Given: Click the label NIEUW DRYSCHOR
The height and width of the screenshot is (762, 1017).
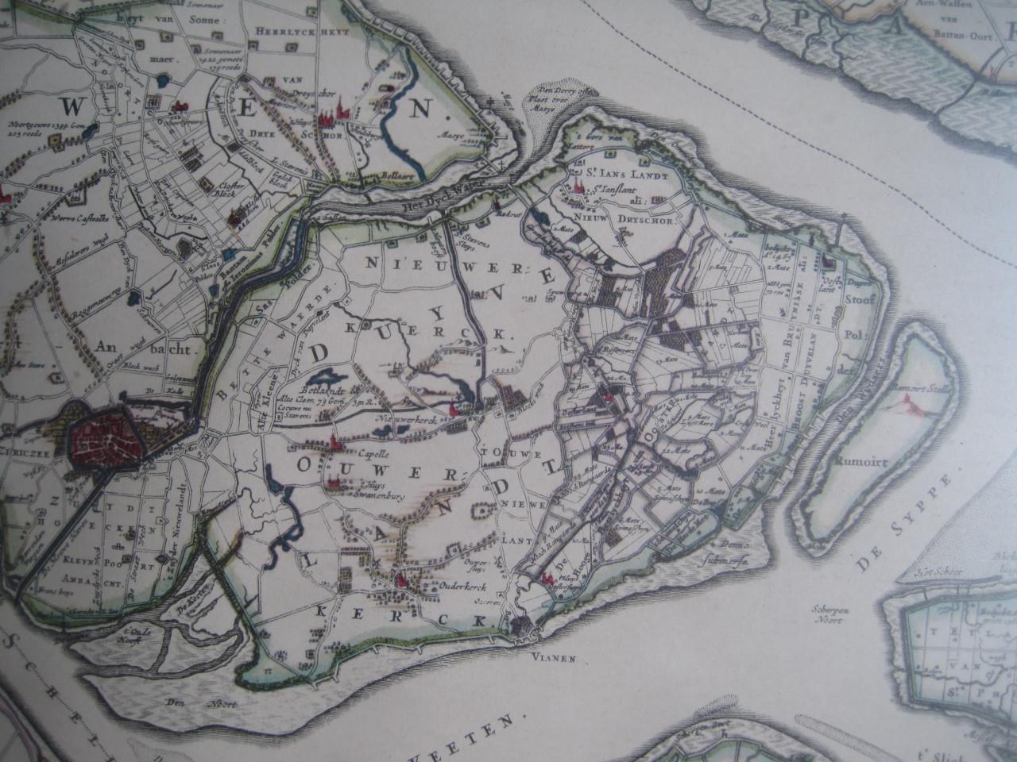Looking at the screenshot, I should [630, 221].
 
